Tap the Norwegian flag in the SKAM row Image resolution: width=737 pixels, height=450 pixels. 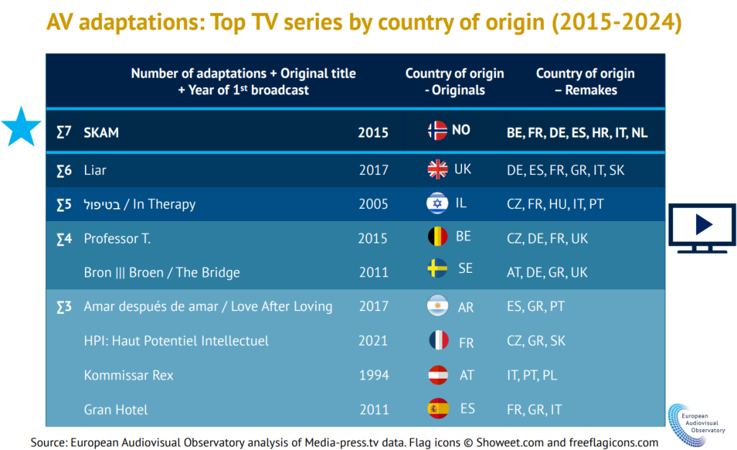pyautogui.click(x=437, y=130)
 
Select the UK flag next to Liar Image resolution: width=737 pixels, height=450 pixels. pyautogui.click(x=437, y=169)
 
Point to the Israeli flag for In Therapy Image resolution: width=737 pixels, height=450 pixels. pyautogui.click(x=437, y=204)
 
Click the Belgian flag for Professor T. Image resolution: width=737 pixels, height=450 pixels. pyautogui.click(x=437, y=237)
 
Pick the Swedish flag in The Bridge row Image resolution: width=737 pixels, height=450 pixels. pyautogui.click(x=437, y=269)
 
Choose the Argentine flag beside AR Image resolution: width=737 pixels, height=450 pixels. pyautogui.click(x=437, y=305)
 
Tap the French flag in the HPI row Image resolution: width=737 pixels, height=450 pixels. pyautogui.click(x=437, y=341)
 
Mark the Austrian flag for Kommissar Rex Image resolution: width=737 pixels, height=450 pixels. pyautogui.click(x=437, y=375)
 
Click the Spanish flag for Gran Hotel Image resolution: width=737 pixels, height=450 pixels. pyautogui.click(x=437, y=409)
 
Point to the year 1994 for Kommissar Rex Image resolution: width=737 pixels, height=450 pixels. pyautogui.click(x=374, y=375)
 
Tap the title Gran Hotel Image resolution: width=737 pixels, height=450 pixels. pyautogui.click(x=116, y=410)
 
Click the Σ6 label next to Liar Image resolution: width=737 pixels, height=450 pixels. pyautogui.click(x=64, y=170)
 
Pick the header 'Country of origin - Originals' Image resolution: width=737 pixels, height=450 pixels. pyautogui.click(x=454, y=82)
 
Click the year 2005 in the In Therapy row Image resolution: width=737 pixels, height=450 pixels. pyautogui.click(x=374, y=204)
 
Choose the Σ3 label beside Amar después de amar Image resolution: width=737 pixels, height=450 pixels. pyautogui.click(x=64, y=307)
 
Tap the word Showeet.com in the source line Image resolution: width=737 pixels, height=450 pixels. pyautogui.click(x=517, y=442)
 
